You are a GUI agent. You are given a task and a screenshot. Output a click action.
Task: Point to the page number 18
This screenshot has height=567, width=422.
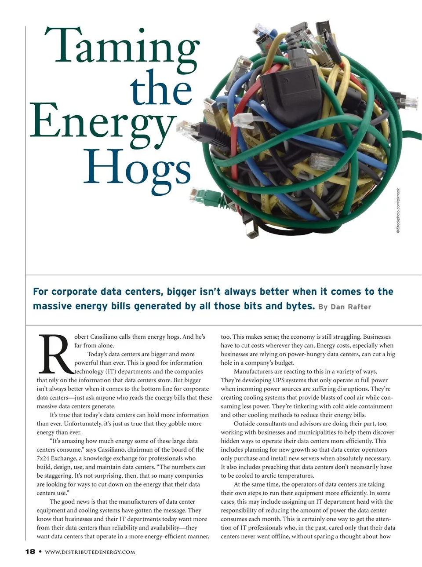click(30, 552)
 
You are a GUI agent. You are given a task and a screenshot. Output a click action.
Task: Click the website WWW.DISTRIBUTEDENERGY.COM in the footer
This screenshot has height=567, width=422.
click(90, 552)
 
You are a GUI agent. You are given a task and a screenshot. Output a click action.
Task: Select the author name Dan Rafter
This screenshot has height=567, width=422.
click(351, 307)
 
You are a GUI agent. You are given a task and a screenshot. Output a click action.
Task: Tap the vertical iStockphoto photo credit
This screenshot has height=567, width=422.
click(398, 211)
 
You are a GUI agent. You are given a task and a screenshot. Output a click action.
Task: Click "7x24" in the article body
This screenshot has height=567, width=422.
click(44, 458)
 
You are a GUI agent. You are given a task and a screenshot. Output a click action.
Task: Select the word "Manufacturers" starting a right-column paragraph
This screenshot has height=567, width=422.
click(255, 371)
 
